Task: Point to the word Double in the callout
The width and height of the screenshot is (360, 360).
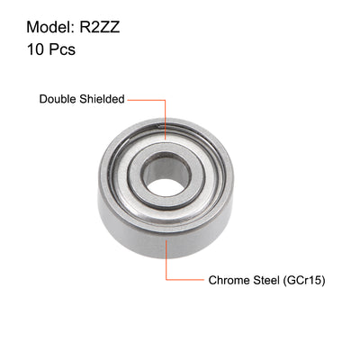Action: coord(58,100)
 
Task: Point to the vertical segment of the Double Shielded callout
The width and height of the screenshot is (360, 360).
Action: coord(166,117)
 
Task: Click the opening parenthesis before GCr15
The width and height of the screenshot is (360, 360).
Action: coord(284,280)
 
